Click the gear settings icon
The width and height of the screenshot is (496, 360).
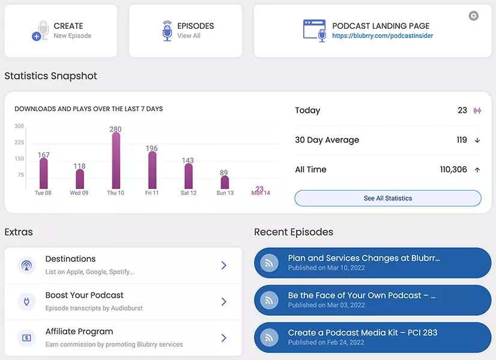pos(474,16)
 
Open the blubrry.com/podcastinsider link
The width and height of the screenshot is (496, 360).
pos(383,36)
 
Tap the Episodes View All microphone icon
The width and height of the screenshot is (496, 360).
pos(167,31)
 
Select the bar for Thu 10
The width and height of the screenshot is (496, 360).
pos(116,161)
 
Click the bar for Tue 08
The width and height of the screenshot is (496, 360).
pos(43,173)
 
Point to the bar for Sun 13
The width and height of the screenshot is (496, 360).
pos(225,182)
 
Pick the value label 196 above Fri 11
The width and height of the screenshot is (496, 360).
pos(152,148)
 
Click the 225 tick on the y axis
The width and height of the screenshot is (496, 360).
pos(19,143)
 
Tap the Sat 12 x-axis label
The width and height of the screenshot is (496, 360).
pos(189,193)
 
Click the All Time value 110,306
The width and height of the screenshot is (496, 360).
pos(453,170)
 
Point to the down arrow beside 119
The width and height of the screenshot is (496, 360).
pos(477,140)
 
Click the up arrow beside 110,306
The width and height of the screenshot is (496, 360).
pos(477,170)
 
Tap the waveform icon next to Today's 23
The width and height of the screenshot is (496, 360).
pos(477,110)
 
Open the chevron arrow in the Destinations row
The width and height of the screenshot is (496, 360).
pos(223,265)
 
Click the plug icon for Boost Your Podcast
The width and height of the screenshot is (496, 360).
pos(26,301)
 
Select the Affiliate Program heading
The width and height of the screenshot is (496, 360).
pos(79,332)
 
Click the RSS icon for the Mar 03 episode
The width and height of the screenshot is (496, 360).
pos(269,300)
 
